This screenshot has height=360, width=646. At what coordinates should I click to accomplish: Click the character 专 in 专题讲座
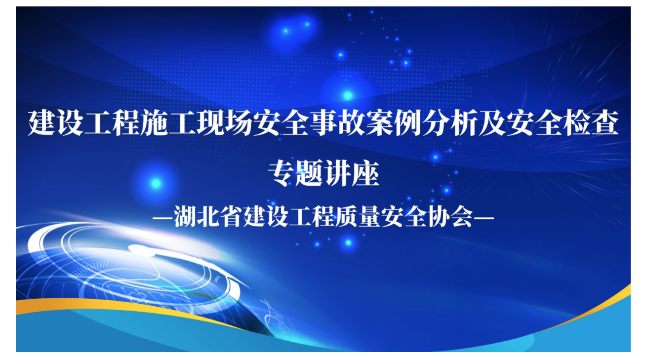click(x=281, y=173)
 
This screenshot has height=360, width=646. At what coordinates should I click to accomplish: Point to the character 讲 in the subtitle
click(x=337, y=173)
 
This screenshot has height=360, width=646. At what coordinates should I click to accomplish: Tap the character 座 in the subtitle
click(x=365, y=173)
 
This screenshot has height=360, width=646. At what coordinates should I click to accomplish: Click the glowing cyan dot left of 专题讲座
click(x=156, y=183)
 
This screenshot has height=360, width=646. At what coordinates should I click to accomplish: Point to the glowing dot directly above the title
click(x=348, y=95)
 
